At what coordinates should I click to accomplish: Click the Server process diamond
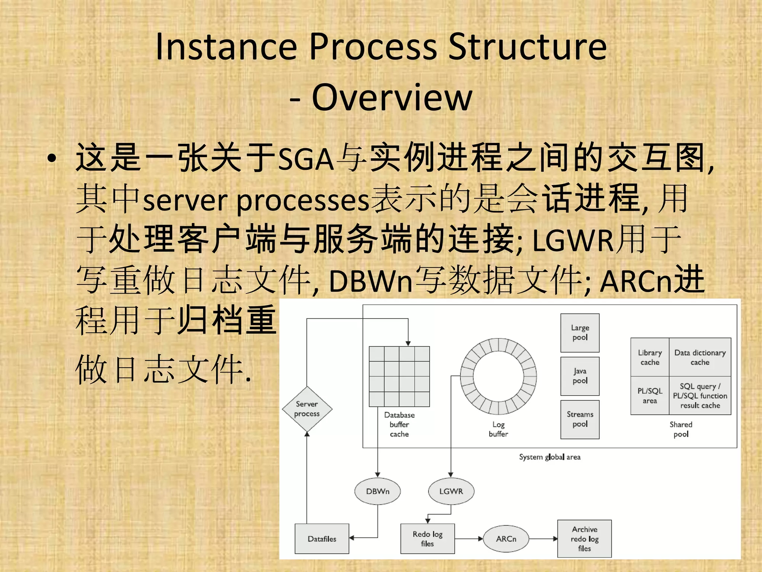[307, 409]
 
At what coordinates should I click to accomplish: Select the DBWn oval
[378, 491]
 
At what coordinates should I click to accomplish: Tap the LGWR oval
[451, 491]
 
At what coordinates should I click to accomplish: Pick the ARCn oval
[506, 539]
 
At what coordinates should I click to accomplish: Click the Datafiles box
[322, 539]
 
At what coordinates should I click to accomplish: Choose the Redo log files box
[428, 539]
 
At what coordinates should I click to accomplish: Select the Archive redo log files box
[584, 539]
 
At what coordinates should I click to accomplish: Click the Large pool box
[580, 333]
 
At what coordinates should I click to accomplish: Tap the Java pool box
[580, 376]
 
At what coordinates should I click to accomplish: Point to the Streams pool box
[580, 419]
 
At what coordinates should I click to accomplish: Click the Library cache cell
[650, 357]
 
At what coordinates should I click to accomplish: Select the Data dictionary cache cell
[700, 357]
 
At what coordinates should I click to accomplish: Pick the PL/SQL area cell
[650, 395]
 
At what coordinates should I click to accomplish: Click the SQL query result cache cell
[700, 395]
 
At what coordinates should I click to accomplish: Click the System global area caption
[550, 457]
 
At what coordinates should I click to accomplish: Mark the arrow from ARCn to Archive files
[543, 539]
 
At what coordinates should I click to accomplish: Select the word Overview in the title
[392, 97]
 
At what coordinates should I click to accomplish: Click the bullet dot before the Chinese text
[52, 158]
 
